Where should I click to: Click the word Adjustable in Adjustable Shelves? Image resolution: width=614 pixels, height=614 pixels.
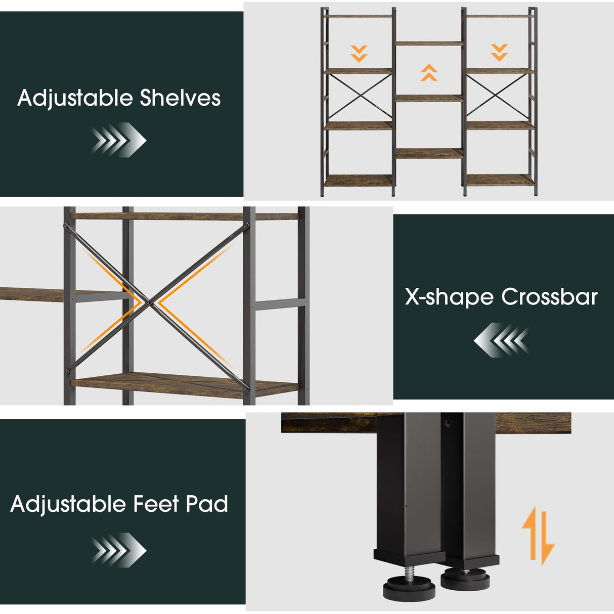[x=75, y=99]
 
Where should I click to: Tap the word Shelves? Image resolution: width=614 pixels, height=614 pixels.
[x=181, y=98]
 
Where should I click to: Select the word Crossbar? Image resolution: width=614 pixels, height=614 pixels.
[x=549, y=297]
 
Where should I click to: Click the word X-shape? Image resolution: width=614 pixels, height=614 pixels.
[x=449, y=297]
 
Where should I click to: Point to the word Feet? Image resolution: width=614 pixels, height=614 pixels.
[x=156, y=504]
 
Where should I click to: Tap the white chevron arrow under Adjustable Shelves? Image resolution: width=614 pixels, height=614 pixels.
[x=119, y=140]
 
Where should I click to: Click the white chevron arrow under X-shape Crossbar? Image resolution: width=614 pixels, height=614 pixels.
[x=501, y=340]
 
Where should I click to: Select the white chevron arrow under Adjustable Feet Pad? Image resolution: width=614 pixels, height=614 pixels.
[x=119, y=550]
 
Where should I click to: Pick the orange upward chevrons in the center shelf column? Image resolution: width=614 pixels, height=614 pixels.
[x=429, y=73]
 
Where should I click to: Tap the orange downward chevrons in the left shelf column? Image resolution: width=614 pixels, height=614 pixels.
[x=359, y=54]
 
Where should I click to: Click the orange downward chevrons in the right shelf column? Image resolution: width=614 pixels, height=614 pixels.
[x=499, y=53]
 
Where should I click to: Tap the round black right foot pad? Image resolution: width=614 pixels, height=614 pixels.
[x=465, y=578]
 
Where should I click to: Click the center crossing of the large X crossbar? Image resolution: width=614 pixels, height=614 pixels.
[x=149, y=302]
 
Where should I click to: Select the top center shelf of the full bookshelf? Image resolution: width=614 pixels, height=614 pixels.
[x=429, y=43]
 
